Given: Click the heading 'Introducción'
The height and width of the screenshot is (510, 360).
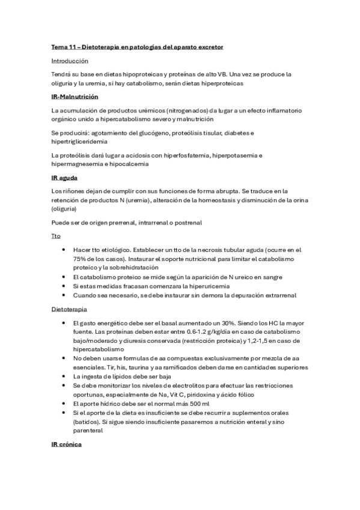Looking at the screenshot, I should coord(70,61).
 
